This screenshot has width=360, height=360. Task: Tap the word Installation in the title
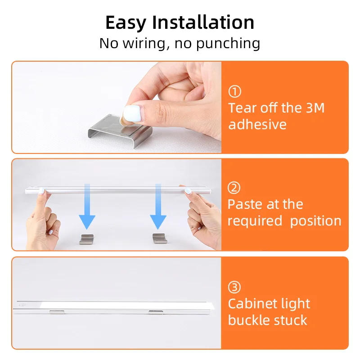203,22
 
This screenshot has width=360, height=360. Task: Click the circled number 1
235,92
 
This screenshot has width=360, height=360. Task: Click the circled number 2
234,188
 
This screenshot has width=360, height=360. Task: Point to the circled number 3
234,287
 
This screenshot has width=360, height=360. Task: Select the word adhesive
257,125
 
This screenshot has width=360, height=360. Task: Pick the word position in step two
315,221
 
